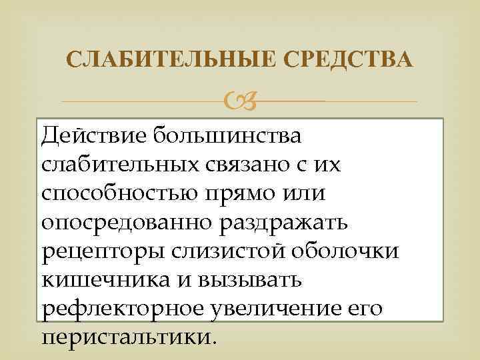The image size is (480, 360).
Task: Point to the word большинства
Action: pyautogui.click(x=227, y=135)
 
